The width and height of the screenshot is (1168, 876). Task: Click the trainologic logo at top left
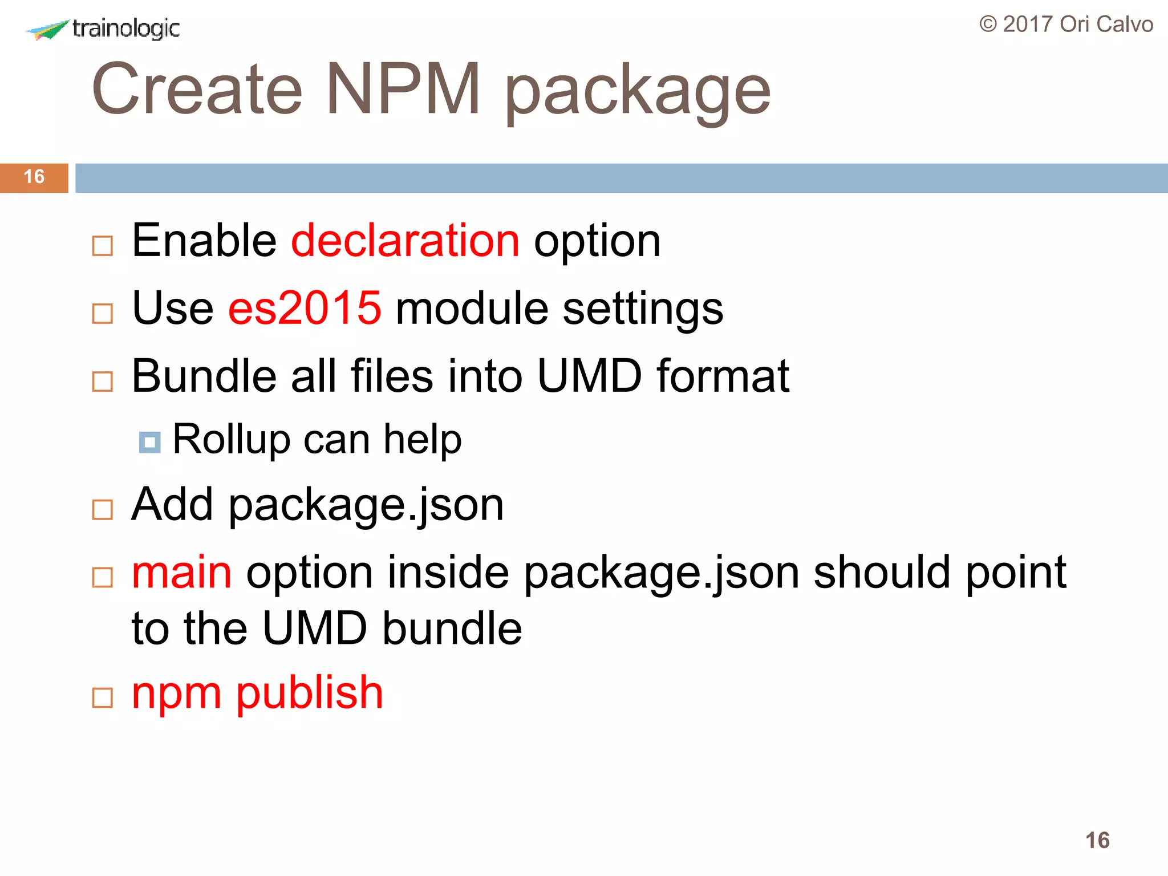103,29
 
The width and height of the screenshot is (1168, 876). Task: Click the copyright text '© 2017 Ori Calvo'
1066,25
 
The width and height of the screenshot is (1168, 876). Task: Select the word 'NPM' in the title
404,89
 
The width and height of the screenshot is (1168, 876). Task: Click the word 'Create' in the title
197,89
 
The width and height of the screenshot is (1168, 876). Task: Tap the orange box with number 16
34,177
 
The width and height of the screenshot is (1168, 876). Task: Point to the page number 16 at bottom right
1097,840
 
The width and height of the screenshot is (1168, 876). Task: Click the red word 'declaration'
405,241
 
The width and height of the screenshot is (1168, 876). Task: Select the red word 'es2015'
305,309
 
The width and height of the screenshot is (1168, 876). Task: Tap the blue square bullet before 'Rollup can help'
150,442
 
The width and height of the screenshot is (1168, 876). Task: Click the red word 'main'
181,573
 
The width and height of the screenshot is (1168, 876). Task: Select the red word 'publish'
310,693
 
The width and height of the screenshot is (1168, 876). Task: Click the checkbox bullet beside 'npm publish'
103,697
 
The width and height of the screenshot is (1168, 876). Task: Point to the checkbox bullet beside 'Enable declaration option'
103,246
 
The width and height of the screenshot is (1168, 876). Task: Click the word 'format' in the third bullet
723,376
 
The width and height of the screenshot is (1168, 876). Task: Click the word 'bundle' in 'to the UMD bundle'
452,628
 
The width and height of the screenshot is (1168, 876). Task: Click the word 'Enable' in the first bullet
204,241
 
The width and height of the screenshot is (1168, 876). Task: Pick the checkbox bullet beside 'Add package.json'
103,509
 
